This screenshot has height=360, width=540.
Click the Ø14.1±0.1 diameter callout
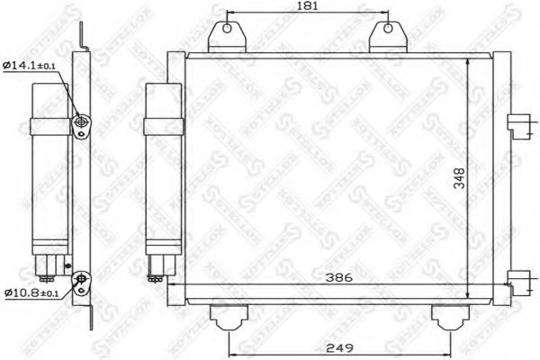pos(30,66)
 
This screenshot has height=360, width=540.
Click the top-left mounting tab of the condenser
pos(226,35)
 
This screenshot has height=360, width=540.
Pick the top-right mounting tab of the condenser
pos(386,35)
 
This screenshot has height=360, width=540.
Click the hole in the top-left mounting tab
pos(226,28)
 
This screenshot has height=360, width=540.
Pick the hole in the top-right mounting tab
pos(386,28)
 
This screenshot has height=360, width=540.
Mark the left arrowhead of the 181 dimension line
pos(228,15)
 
